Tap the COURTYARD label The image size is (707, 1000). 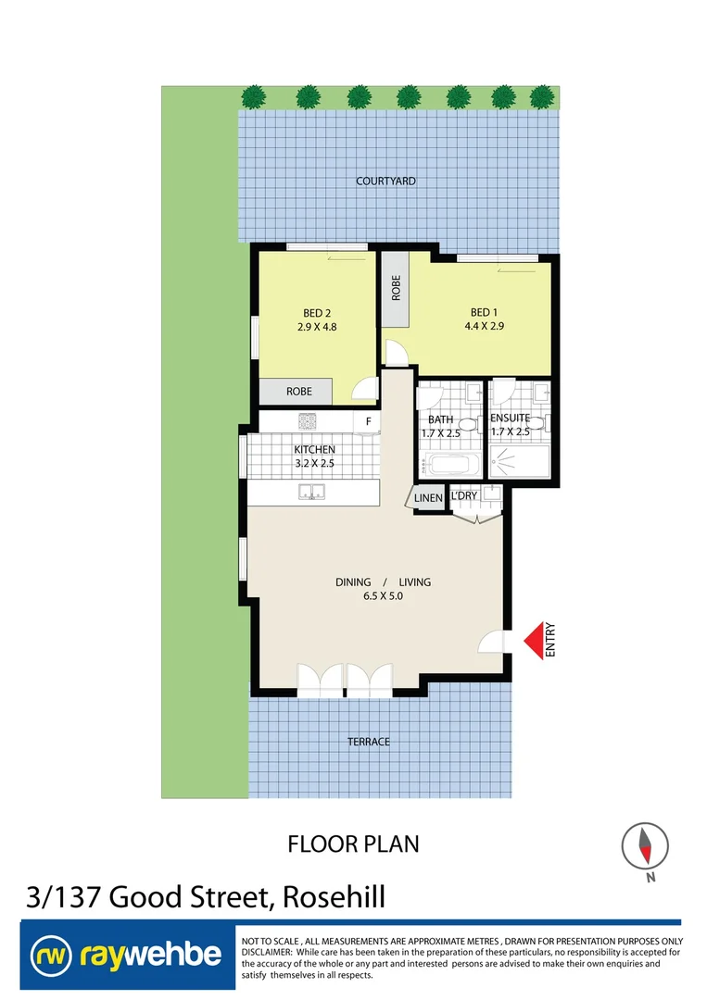point(385,181)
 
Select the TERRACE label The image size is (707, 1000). point(368,742)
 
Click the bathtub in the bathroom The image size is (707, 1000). point(450,463)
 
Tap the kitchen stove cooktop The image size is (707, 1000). point(308,421)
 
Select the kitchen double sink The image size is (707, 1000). point(311,493)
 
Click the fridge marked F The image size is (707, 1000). point(368,422)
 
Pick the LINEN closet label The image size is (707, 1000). point(428,498)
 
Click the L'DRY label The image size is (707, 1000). point(463,496)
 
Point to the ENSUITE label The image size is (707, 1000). point(510,419)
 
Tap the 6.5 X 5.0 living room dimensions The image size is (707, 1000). point(383,596)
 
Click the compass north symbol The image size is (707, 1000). point(645,845)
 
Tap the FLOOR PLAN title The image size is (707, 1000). point(353,844)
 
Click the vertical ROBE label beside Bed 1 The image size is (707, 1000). point(396,287)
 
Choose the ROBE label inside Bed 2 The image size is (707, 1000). point(298,392)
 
